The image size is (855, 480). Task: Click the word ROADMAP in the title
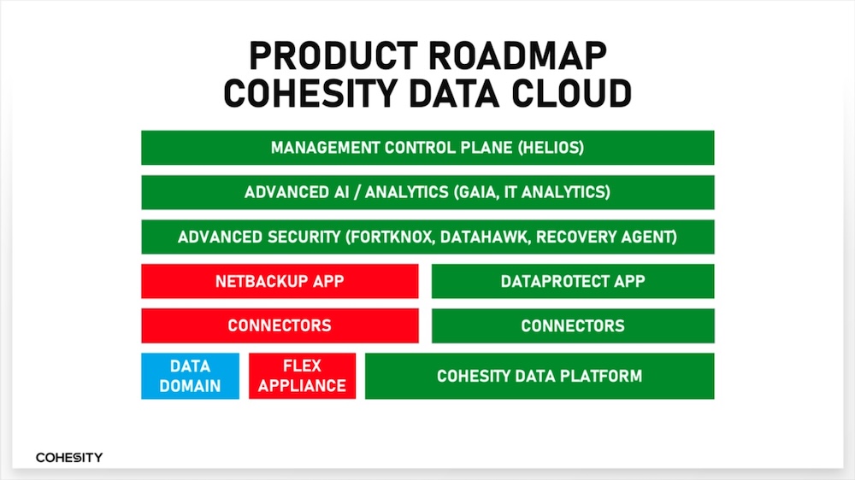tap(517, 56)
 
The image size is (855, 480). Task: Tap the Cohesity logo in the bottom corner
tap(69, 458)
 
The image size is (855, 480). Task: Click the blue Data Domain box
tap(191, 376)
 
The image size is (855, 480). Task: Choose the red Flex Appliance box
tap(302, 376)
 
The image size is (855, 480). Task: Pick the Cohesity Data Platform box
tap(540, 376)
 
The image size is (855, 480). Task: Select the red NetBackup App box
tap(280, 281)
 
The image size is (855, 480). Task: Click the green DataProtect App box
tap(573, 281)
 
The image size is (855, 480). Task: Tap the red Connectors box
tap(280, 325)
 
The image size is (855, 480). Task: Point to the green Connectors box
tap(573, 325)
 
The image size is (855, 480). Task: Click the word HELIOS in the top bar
tap(551, 148)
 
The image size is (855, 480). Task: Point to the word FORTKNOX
tap(392, 237)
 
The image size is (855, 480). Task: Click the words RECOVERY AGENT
tap(604, 237)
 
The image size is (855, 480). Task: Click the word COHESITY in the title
tap(310, 93)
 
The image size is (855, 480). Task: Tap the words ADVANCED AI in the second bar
tap(297, 192)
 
